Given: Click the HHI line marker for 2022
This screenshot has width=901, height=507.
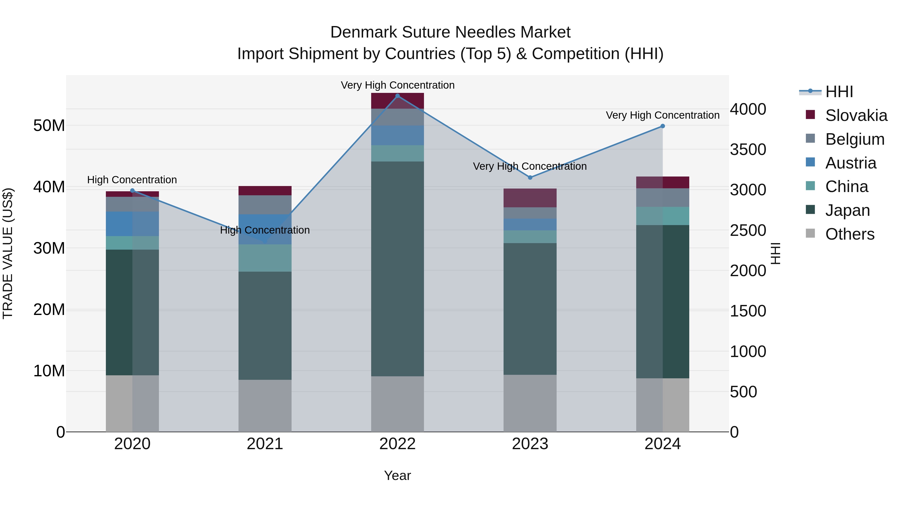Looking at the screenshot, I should click(x=397, y=96).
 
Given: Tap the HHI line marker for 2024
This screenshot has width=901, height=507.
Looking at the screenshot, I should click(x=662, y=126).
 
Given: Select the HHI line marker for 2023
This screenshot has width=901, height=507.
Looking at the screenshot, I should click(x=530, y=178).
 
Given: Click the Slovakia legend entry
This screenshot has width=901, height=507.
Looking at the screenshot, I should click(x=856, y=115).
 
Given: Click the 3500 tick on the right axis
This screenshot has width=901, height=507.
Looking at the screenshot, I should click(x=748, y=149).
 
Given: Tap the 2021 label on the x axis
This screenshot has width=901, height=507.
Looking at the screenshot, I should click(x=265, y=444).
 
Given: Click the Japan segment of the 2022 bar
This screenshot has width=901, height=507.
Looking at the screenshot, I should click(x=397, y=269).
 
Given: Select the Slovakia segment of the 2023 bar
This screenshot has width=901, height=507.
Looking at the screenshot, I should click(x=530, y=198).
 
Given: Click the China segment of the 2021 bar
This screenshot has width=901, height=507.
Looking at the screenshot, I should click(x=265, y=258).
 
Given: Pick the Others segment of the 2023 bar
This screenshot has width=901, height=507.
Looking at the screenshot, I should click(x=530, y=403).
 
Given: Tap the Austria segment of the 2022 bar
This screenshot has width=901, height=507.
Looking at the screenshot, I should click(x=397, y=135).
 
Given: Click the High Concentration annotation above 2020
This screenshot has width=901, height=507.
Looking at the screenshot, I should click(x=132, y=180).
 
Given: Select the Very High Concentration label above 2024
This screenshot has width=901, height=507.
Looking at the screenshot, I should click(x=662, y=115).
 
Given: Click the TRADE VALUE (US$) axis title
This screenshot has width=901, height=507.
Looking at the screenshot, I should click(x=8, y=253).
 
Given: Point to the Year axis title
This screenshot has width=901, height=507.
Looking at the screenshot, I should click(x=397, y=475).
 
